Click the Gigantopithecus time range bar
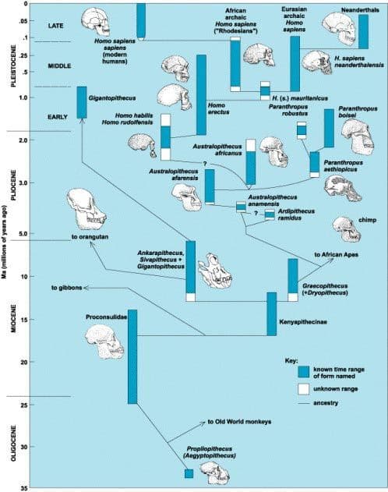point(82,102)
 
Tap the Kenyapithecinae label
point(303,322)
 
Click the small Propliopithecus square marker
point(189,473)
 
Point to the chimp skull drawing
point(347,229)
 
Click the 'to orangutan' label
point(90,237)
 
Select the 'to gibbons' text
point(67,288)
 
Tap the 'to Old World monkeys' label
point(239,422)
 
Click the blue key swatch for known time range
point(303,372)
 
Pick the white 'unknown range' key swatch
point(303,389)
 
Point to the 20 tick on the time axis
point(24,362)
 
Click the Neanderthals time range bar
point(363,32)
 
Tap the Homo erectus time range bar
point(201,95)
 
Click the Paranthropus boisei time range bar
point(329,128)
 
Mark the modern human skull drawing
point(96,22)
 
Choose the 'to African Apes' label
point(337,254)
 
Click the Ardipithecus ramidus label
point(296,214)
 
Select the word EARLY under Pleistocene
point(58,117)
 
